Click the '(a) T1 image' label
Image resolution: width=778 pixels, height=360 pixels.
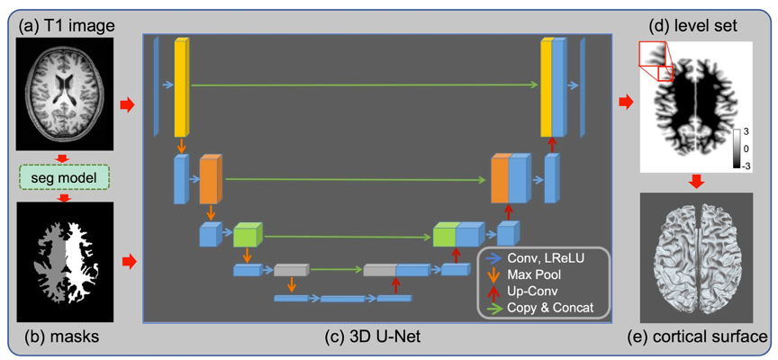tap(63, 27)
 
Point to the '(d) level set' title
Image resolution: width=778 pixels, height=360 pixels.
tap(693, 27)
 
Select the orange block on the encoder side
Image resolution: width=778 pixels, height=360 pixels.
tap(209, 180)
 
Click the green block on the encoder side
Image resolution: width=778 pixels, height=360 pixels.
tap(245, 237)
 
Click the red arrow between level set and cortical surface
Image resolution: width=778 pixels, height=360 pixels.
tap(693, 184)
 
